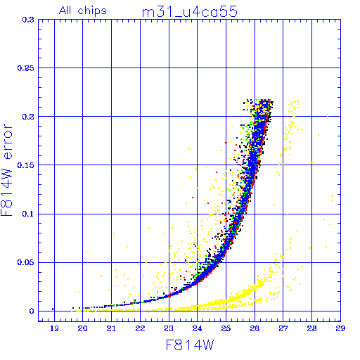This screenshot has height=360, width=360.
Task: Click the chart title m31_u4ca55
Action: click(x=190, y=12)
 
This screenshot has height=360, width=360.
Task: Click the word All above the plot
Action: click(x=65, y=11)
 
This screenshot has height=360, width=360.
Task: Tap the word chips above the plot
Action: click(x=92, y=11)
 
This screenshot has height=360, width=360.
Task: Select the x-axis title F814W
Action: click(x=190, y=345)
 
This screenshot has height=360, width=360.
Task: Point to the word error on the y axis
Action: click(x=7, y=141)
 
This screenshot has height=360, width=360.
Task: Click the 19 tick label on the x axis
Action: click(x=54, y=328)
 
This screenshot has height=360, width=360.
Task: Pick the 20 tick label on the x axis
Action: click(x=82, y=328)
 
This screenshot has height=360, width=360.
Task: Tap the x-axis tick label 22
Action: click(x=140, y=328)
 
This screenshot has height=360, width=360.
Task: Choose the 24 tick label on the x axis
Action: click(x=197, y=328)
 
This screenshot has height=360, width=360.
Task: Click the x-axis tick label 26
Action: click(x=255, y=328)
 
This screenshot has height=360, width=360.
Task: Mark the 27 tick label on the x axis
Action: click(x=283, y=328)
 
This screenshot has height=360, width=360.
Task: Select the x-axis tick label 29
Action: click(x=340, y=328)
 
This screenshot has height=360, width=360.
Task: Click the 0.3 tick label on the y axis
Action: click(x=28, y=20)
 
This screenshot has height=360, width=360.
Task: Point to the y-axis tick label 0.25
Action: click(x=26, y=68)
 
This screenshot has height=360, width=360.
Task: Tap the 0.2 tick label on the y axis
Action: click(x=28, y=117)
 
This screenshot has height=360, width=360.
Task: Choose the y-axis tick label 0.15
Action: click(x=26, y=165)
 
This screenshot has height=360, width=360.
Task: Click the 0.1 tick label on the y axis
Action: click(x=28, y=214)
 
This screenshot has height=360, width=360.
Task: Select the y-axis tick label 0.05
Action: click(x=26, y=262)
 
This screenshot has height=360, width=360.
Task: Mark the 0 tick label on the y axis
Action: click(x=32, y=311)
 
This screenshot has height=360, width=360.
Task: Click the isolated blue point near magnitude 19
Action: click(x=53, y=309)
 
